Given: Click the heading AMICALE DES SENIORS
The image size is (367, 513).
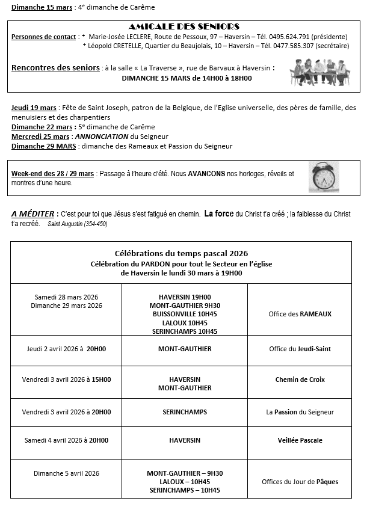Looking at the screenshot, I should [x=184, y=26].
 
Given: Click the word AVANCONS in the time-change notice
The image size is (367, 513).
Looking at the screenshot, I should [x=206, y=174].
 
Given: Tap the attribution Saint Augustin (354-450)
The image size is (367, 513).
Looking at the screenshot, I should [x=77, y=224].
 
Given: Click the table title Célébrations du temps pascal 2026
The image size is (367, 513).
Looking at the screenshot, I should [x=181, y=253].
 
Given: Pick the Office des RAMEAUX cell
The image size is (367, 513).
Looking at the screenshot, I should [x=300, y=314].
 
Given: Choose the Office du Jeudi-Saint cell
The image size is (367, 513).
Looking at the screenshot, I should [x=300, y=349].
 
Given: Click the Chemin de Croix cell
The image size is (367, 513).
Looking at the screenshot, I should [x=300, y=379].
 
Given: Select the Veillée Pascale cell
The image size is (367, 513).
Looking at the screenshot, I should [x=300, y=440].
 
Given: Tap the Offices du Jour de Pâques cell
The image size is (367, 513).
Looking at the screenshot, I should [x=300, y=482].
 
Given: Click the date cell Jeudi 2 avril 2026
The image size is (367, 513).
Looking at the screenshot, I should [x=66, y=349].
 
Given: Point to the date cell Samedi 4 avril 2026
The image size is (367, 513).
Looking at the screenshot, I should [x=66, y=440].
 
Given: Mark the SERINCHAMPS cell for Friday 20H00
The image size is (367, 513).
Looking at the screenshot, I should [x=185, y=412].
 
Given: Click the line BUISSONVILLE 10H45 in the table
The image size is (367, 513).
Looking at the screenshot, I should [x=185, y=314].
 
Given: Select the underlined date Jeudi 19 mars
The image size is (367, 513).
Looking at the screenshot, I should [x=34, y=108].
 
